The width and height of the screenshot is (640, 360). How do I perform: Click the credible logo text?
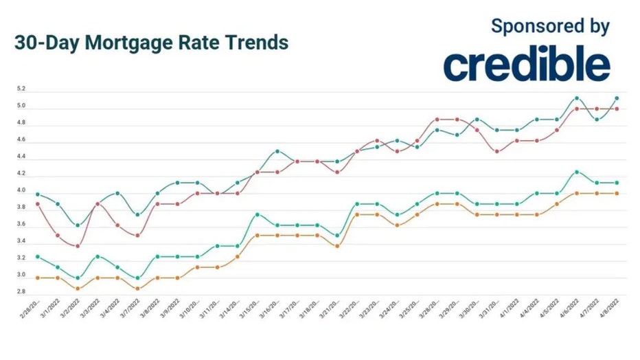(526, 64)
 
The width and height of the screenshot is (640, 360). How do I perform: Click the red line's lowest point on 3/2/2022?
(78, 246)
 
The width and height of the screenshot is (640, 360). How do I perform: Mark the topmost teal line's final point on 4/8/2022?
(617, 98)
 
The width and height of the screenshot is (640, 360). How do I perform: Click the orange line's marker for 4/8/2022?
(617, 193)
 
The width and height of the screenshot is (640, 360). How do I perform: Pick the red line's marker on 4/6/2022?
(577, 109)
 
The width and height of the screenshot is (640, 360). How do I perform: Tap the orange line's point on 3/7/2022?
(138, 289)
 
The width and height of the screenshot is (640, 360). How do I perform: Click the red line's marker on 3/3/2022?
(98, 204)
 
